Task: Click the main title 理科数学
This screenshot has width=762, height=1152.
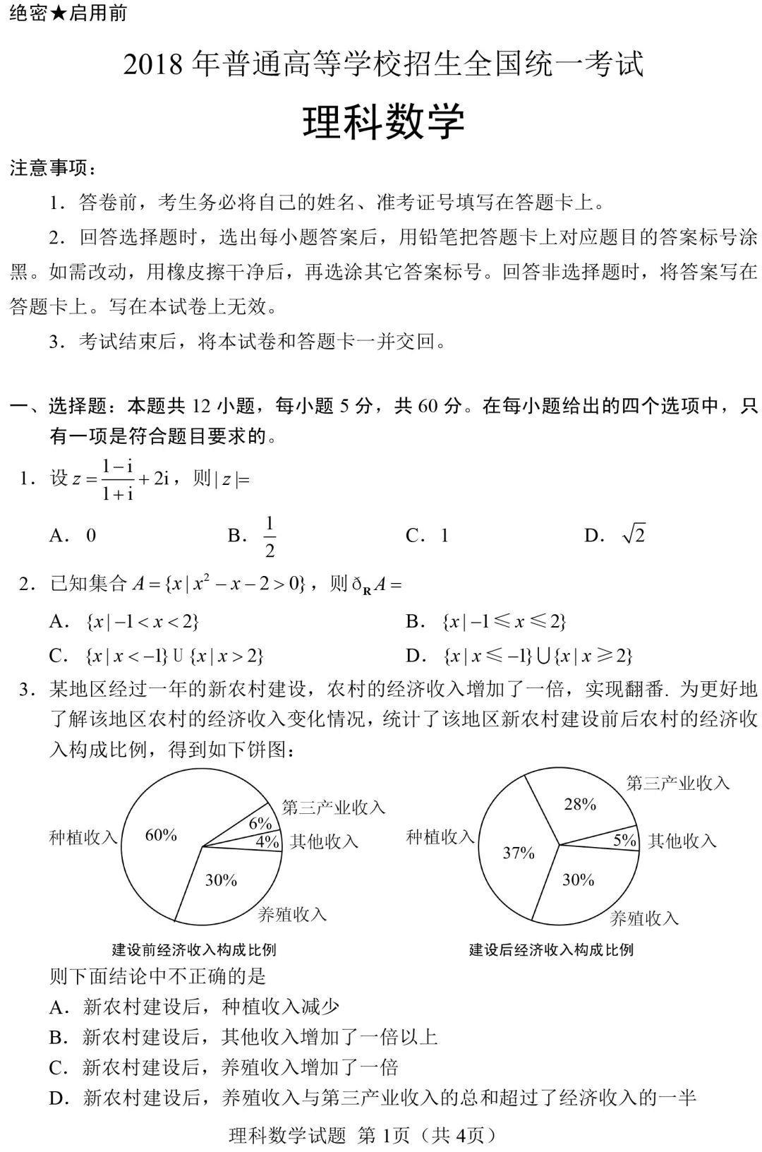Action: pos(383,121)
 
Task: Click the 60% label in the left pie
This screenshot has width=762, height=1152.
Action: pos(161,835)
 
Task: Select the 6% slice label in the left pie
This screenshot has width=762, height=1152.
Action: pos(260,823)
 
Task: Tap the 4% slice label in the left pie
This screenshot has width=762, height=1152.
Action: pos(267,841)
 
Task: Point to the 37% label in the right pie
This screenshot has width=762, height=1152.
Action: pos(519,853)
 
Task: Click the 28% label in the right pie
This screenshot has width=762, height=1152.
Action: pos(580,804)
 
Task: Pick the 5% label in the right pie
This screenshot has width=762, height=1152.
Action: pos(624,840)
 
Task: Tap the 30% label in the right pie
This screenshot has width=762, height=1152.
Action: pos(578,880)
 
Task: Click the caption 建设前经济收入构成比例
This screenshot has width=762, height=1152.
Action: pos(194,949)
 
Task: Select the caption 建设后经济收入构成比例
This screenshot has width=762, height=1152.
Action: pos(551,949)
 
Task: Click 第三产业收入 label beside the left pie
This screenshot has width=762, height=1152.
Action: pos(334,808)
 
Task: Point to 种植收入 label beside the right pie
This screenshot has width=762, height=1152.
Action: pos(440,837)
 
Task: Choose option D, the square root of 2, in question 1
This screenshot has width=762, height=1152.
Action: pos(633,535)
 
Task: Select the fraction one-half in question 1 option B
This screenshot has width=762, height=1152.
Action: pos(269,537)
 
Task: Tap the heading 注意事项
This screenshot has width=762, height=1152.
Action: pos(52,168)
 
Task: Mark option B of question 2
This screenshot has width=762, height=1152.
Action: pos(487,621)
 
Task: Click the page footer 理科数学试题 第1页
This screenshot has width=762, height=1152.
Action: pos(363,1135)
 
